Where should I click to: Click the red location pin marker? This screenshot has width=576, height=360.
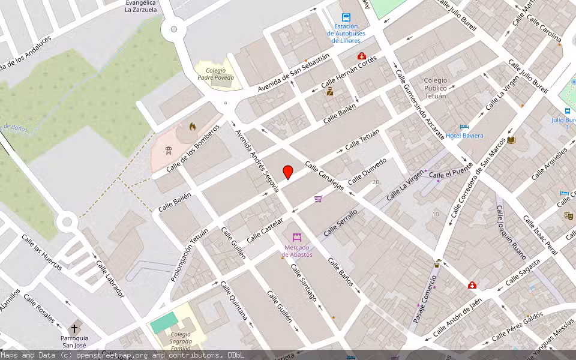click(288, 172)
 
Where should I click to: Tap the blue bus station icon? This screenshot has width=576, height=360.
click(346, 17)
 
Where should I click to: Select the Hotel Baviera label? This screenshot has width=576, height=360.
click(464, 136)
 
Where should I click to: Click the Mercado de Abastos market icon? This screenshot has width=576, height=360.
click(296, 238)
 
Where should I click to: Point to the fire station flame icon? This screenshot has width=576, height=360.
click(192, 127)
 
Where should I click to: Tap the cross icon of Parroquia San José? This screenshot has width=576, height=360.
click(74, 329)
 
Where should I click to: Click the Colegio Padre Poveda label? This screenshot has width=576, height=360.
click(215, 73)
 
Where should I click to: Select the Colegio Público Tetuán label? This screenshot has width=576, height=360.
click(435, 88)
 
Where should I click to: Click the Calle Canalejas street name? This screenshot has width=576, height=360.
click(324, 176)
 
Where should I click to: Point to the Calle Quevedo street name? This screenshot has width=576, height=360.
click(367, 170)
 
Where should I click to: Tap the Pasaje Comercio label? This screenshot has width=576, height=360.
click(425, 299)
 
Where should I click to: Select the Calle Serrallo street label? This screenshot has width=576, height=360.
click(340, 222)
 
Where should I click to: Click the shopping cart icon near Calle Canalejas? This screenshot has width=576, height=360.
click(318, 199)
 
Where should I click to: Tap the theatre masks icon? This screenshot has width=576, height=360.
click(568, 215)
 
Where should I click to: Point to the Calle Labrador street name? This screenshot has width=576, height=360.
click(109, 280)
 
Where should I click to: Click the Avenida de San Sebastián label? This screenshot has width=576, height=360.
click(294, 73)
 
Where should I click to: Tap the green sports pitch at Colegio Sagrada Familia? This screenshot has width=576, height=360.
click(164, 322)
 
